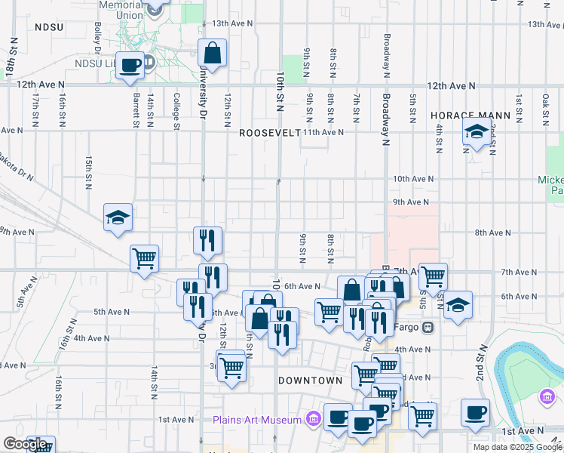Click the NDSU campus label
click(x=49, y=26)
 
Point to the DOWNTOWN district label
click(x=311, y=381)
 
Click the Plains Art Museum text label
click(x=258, y=420)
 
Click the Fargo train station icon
click(x=428, y=328)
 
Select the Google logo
click(x=25, y=444)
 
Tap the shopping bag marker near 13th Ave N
click(x=213, y=54)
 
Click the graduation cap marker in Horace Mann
click(x=477, y=132)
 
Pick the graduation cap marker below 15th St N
click(x=118, y=217)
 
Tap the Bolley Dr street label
click(x=99, y=32)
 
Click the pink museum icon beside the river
click(x=547, y=397)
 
